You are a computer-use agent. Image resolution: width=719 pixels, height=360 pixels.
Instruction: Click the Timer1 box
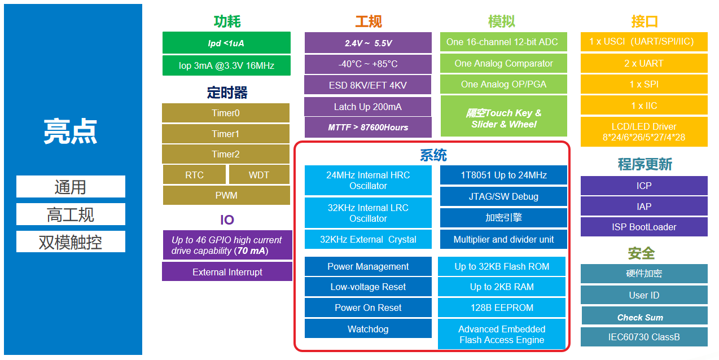(x=226, y=134)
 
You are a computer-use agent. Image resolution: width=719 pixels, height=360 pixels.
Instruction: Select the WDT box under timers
(x=259, y=175)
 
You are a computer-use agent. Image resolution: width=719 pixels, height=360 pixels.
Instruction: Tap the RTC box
(x=195, y=175)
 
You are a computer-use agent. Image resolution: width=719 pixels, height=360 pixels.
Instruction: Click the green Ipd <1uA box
(x=226, y=43)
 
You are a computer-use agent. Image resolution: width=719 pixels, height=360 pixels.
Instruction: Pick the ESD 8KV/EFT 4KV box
(x=368, y=85)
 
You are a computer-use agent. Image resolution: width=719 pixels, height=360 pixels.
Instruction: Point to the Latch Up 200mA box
(x=368, y=107)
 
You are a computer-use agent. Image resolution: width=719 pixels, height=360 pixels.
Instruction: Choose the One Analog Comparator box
(x=503, y=63)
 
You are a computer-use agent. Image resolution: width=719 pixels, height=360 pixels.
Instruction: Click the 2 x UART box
(x=644, y=63)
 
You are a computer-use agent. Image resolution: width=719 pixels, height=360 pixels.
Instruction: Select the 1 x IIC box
(x=644, y=106)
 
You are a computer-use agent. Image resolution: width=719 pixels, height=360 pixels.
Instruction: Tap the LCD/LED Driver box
(x=644, y=132)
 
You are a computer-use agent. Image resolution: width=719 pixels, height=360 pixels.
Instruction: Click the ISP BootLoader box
(x=644, y=227)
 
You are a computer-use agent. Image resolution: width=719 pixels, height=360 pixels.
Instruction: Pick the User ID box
(x=644, y=295)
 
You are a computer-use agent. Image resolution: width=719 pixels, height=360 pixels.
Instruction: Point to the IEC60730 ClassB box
(x=644, y=337)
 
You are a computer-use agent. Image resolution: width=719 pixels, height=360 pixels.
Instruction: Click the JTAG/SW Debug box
(x=503, y=196)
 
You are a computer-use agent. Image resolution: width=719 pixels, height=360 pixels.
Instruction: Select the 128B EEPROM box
(x=502, y=308)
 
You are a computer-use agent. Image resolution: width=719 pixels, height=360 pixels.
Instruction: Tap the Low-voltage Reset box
(x=368, y=287)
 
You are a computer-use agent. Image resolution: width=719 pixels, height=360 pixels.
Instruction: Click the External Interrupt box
(x=227, y=272)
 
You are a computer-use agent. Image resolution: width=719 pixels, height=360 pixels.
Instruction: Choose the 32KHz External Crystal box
(x=368, y=239)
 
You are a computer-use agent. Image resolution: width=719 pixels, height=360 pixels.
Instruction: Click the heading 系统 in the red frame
(x=433, y=155)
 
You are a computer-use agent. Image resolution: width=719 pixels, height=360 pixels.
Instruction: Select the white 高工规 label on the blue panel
(x=71, y=214)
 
